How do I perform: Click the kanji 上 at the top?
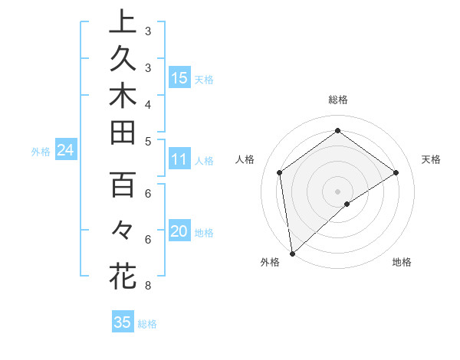click(x=122, y=21)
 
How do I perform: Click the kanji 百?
click(x=122, y=185)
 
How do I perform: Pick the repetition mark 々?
click(x=122, y=228)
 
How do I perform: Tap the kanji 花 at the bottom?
click(x=122, y=275)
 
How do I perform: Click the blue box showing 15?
click(x=179, y=77)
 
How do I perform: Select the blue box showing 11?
click(x=179, y=160)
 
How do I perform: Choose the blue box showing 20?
click(x=179, y=231)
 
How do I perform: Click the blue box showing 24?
click(x=65, y=151)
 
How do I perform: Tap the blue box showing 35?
click(x=122, y=322)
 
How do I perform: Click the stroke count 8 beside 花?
click(x=147, y=286)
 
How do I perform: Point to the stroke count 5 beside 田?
click(x=147, y=141)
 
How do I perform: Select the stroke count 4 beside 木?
click(x=147, y=103)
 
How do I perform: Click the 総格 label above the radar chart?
click(x=337, y=100)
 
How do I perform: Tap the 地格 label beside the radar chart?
click(x=402, y=262)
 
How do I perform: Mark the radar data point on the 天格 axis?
click(x=396, y=172)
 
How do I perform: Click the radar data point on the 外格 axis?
click(x=292, y=253)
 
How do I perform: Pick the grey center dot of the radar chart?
click(x=337, y=191)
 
